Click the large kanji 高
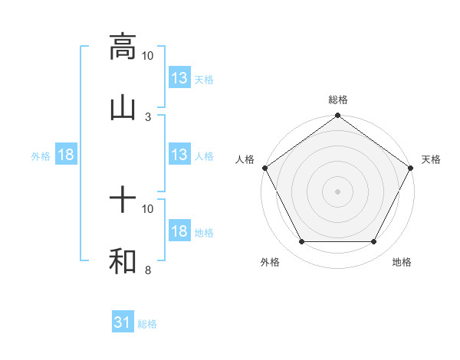pyautogui.click(x=123, y=47)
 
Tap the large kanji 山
pyautogui.click(x=123, y=109)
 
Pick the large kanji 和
pyautogui.click(x=123, y=262)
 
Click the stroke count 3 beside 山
pyautogui.click(x=148, y=117)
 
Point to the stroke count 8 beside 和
pyautogui.click(x=148, y=270)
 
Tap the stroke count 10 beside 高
pyautogui.click(x=148, y=56)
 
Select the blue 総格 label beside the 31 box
pyautogui.click(x=147, y=324)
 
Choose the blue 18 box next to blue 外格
pyautogui.click(x=66, y=155)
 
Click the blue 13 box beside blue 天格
pyautogui.click(x=179, y=78)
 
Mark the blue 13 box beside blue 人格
pyautogui.click(x=179, y=155)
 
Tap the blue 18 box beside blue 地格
pyautogui.click(x=179, y=231)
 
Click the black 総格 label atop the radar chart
pyautogui.click(x=338, y=100)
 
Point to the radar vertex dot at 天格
pyautogui.click(x=410, y=168)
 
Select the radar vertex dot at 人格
pyautogui.click(x=265, y=168)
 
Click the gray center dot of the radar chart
pyautogui.click(x=338, y=191)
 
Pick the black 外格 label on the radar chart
pyautogui.click(x=270, y=263)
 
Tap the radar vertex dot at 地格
pyautogui.click(x=374, y=242)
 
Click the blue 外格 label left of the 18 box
pyautogui.click(x=41, y=155)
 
